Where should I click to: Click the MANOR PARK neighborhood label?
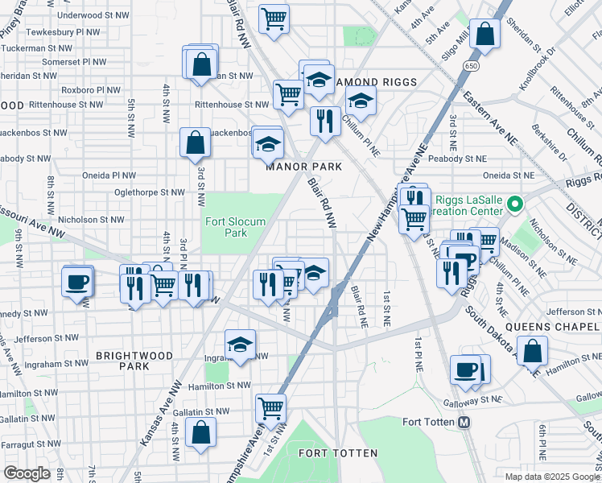pyautogui.click(x=304, y=167)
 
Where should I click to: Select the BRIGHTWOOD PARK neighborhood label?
pyautogui.click(x=123, y=360)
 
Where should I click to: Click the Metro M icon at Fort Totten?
pyautogui.click(x=464, y=423)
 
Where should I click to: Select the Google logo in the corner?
pyautogui.click(x=27, y=473)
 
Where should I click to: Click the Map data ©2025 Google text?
pyautogui.click(x=551, y=477)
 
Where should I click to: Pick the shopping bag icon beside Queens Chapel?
pyautogui.click(x=532, y=350)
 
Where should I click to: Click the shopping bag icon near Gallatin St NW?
pyautogui.click(x=200, y=431)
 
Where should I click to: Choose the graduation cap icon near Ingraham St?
pyautogui.click(x=240, y=345)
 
